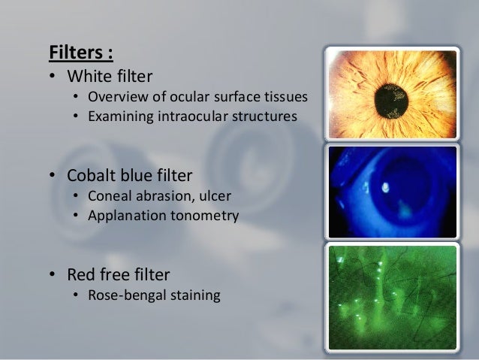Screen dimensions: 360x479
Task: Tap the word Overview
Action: pos(116,98)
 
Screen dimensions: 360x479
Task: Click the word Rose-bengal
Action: pos(125,295)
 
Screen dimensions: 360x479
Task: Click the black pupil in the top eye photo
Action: pos(393,95)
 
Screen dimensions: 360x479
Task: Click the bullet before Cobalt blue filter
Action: pos(53,177)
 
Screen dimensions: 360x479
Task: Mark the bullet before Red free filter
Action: pos(53,275)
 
